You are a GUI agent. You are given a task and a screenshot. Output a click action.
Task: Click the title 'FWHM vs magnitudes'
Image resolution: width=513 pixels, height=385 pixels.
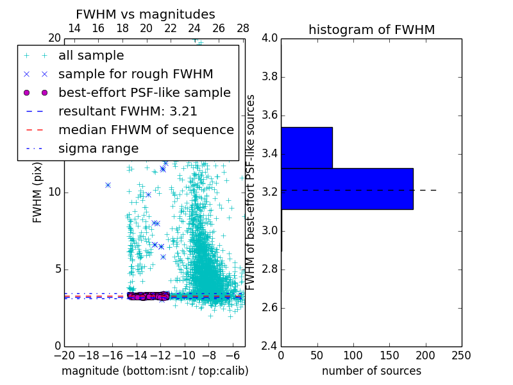click(145, 14)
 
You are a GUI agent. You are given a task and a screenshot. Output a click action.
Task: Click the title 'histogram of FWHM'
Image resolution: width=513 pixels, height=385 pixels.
click(371, 30)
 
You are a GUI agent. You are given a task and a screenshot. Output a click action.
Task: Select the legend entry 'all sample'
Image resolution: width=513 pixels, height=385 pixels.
click(91, 56)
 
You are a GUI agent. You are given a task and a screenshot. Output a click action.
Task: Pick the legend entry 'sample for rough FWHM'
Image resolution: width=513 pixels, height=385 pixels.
click(135, 74)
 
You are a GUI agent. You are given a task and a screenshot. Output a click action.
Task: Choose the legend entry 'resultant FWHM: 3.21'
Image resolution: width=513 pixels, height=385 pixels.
click(128, 111)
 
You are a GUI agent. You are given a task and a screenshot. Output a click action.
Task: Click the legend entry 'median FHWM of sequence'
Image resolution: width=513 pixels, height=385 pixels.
click(146, 130)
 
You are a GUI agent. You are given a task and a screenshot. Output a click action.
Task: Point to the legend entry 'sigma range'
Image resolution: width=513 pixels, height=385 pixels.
click(98, 148)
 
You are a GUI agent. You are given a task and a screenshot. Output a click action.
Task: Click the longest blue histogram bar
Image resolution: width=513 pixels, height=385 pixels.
click(347, 189)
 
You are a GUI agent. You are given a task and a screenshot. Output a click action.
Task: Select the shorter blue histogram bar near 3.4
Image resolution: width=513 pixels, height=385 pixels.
click(307, 148)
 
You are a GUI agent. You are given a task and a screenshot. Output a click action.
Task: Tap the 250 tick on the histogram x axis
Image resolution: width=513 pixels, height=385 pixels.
click(461, 355)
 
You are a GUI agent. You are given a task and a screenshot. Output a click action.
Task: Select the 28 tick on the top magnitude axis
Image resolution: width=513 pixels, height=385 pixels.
click(243, 28)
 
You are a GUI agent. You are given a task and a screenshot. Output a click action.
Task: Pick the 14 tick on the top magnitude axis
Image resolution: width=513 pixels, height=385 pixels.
click(74, 28)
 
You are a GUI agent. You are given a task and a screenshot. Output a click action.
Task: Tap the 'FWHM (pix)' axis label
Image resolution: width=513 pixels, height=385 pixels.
click(38, 192)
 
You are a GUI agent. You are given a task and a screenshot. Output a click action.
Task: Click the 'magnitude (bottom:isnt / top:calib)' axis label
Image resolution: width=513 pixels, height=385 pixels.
click(155, 371)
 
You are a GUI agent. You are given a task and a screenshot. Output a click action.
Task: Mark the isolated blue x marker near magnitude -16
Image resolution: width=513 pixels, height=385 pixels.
click(108, 185)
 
